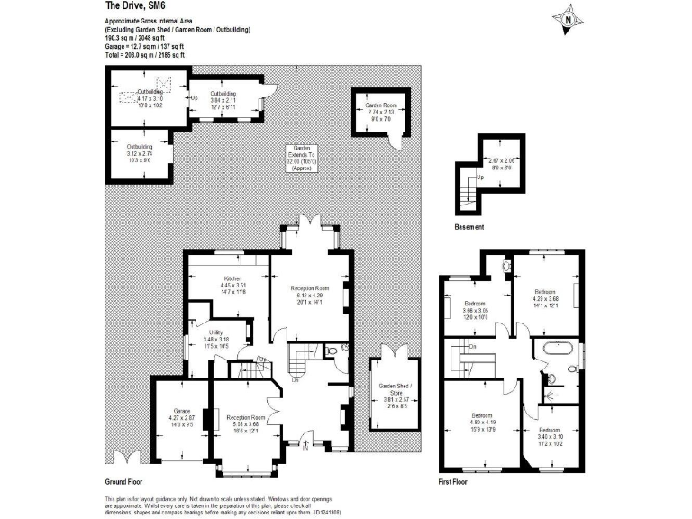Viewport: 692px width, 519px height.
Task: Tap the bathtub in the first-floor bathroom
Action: (x=558, y=351)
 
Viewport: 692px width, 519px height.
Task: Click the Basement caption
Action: (x=469, y=226)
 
